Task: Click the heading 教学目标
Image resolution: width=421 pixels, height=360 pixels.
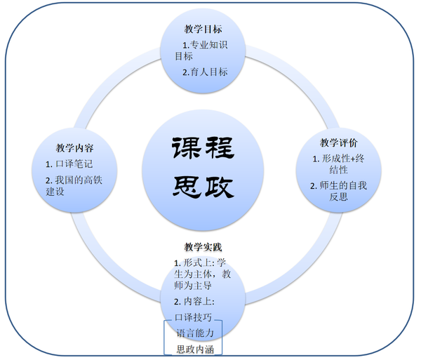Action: coord(203,30)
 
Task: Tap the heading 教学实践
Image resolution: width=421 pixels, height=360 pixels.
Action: coord(203,248)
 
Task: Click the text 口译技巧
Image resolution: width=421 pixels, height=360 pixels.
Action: coord(195,316)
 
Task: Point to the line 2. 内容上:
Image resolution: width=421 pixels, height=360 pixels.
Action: coord(198,302)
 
